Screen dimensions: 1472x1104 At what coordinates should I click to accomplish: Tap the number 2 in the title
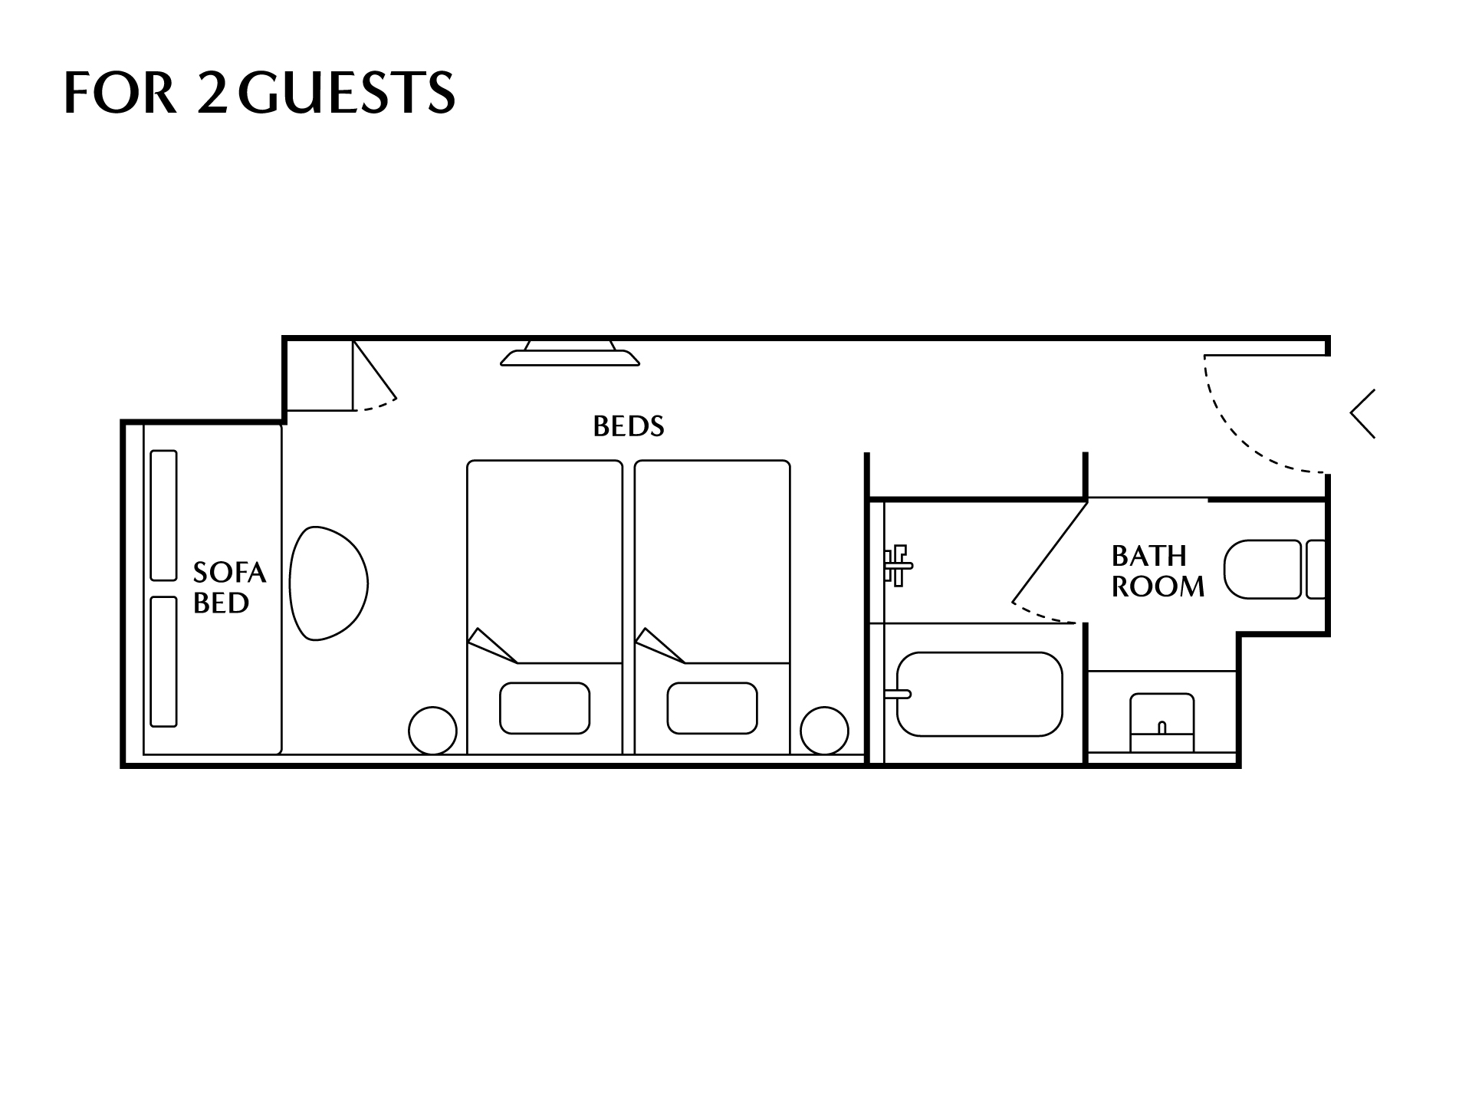tap(212, 93)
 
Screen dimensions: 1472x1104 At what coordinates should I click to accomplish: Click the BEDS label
tap(629, 426)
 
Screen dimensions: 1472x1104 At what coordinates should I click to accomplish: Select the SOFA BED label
tap(229, 587)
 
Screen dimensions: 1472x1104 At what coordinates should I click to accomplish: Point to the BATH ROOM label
tap(1158, 571)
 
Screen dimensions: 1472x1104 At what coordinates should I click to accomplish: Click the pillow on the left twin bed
tap(544, 708)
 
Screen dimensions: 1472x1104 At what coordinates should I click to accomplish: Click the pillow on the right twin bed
tap(712, 708)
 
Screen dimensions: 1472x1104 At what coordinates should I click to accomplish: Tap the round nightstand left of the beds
tap(433, 731)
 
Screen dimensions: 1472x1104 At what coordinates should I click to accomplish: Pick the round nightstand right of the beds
tap(825, 731)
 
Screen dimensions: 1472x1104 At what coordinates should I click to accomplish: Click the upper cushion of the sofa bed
tap(164, 515)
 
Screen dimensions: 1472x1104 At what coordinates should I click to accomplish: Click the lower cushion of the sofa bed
tap(164, 661)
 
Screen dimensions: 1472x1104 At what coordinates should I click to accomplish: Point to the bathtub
tap(980, 694)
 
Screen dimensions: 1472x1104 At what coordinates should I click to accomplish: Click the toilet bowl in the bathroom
tap(1263, 569)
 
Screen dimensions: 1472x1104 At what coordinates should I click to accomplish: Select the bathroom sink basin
tap(1162, 723)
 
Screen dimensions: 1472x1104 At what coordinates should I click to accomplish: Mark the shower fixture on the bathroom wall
tap(898, 566)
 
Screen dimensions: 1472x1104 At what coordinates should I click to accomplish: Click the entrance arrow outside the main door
tap(1362, 414)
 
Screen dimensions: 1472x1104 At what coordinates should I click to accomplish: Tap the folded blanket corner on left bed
tap(492, 646)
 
